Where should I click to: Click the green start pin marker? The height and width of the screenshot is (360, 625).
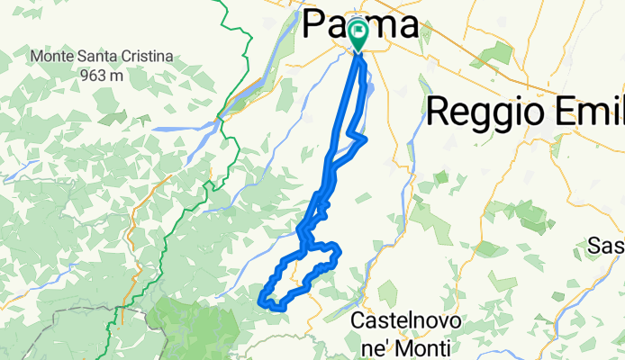point(358,35)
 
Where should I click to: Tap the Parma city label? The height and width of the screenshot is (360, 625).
point(360,24)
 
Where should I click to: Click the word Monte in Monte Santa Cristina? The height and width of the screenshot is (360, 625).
point(54,57)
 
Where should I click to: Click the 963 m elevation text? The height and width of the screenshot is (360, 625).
point(101,76)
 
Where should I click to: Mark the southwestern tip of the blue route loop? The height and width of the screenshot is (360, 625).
point(262,299)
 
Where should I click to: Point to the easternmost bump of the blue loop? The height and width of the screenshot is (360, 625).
point(339,249)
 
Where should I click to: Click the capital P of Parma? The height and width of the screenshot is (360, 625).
point(316,24)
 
